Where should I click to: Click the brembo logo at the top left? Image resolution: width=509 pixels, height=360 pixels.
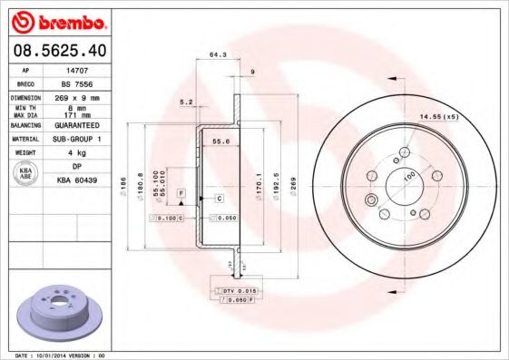(57, 19)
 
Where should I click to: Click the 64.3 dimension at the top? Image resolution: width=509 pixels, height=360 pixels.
(217, 55)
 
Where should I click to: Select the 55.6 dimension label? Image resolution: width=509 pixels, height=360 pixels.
(219, 141)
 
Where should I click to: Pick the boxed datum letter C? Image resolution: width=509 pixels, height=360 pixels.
(219, 197)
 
